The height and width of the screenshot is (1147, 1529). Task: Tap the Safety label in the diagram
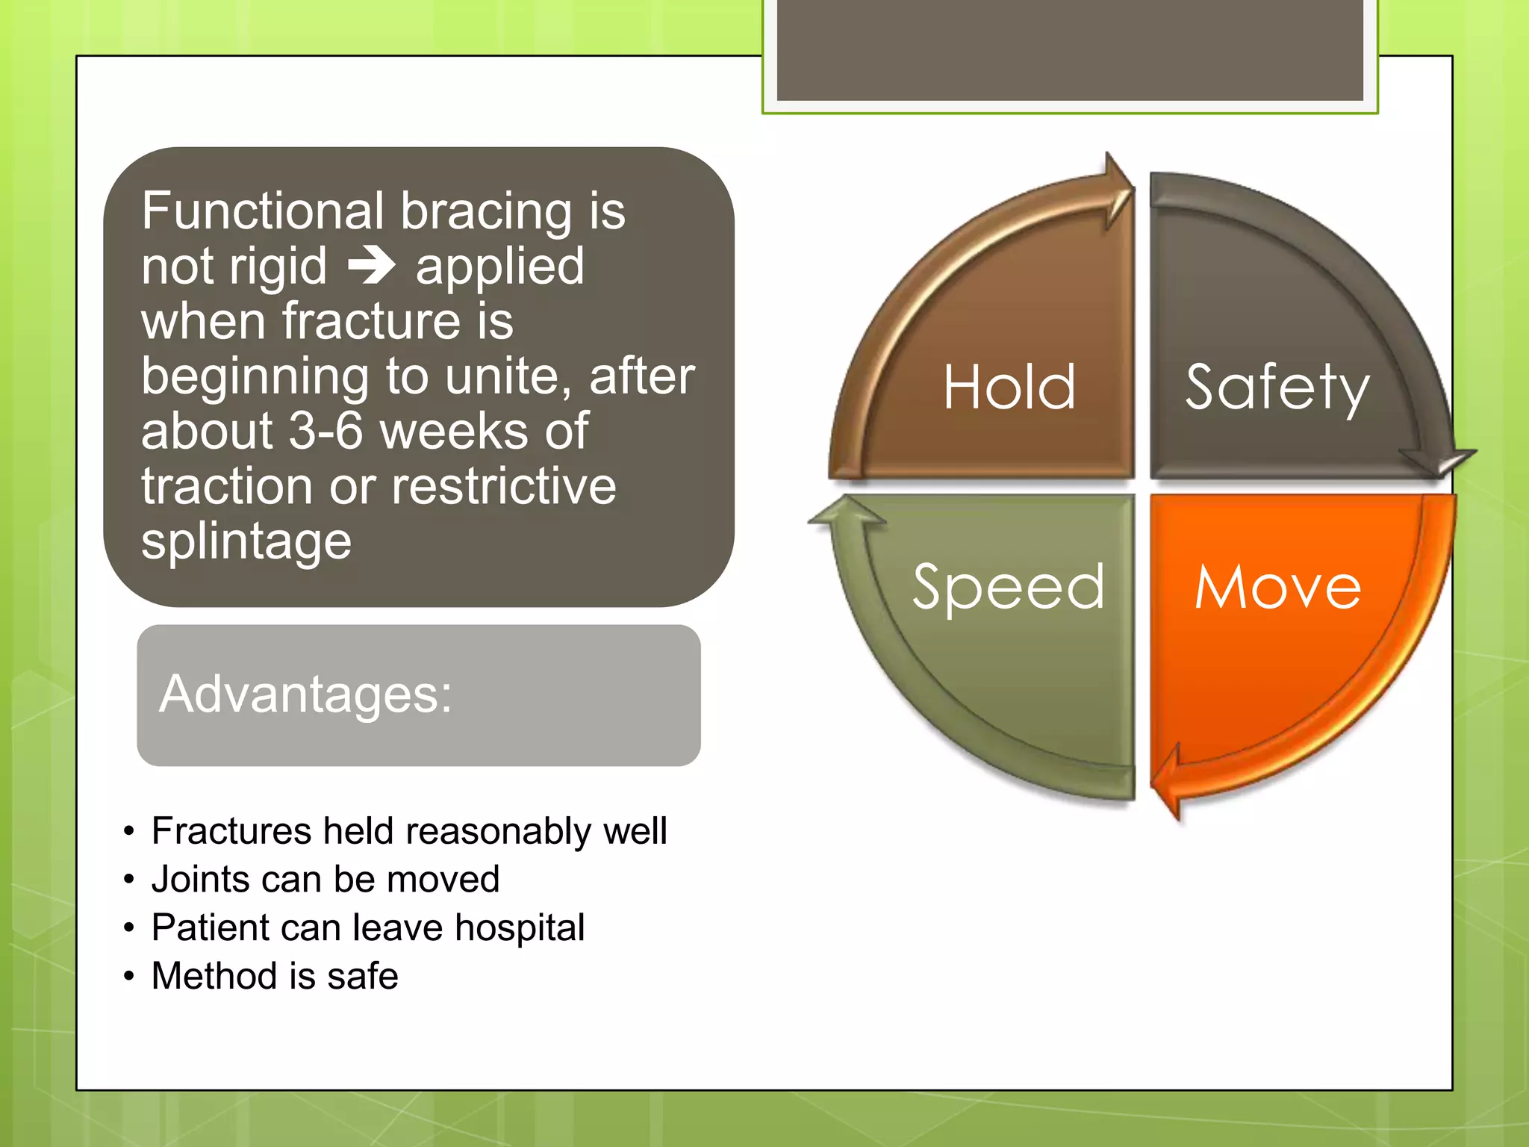click(x=1277, y=388)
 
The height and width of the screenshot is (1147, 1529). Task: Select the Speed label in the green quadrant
click(x=1008, y=588)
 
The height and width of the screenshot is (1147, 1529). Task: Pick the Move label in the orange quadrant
click(x=1277, y=587)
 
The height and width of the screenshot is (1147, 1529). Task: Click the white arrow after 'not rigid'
click(x=372, y=265)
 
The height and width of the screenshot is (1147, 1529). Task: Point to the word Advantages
click(x=305, y=694)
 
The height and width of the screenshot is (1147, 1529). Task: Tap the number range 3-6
click(x=326, y=431)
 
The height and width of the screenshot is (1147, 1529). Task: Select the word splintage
click(x=246, y=542)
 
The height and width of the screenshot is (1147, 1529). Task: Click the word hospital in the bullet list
click(x=520, y=929)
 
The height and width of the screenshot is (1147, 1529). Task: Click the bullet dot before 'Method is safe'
click(x=129, y=976)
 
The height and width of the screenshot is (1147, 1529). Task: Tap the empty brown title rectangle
click(x=1070, y=50)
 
